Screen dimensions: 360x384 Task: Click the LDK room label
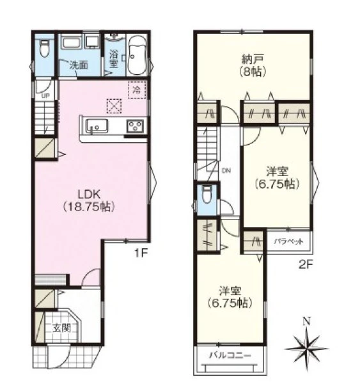(89, 201)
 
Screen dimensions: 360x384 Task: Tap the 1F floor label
(141, 253)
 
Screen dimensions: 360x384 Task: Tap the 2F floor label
(306, 265)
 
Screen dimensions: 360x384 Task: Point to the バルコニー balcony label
(230, 355)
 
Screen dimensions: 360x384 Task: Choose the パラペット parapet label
(288, 242)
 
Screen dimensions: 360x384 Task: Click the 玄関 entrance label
(62, 328)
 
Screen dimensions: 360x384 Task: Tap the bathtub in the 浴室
(137, 56)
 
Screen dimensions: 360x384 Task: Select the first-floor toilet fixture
(44, 49)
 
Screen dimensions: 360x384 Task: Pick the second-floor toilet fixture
(207, 195)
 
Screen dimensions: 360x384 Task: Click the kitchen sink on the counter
(97, 126)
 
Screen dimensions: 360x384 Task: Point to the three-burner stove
(135, 126)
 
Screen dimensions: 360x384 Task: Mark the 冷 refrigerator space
(137, 90)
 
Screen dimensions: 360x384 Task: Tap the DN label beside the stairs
(226, 171)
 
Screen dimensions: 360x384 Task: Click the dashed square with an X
(114, 106)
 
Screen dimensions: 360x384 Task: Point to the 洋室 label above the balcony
(230, 297)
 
